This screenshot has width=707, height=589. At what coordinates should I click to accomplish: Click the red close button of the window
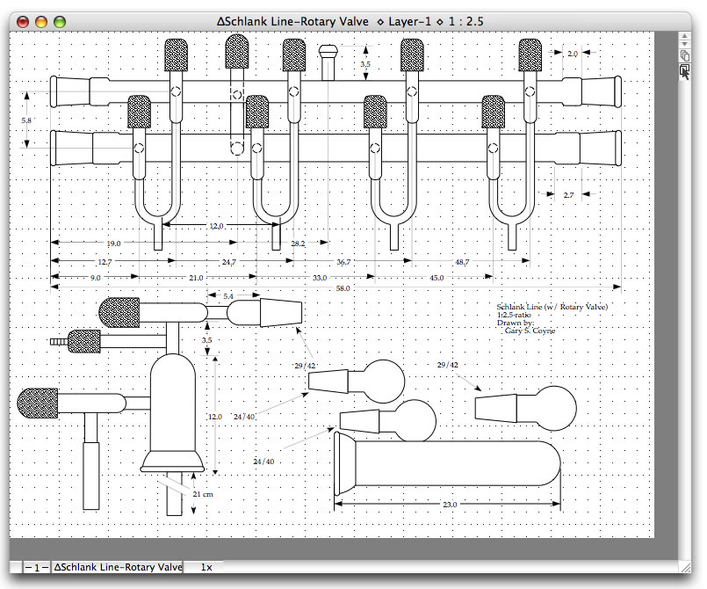24,20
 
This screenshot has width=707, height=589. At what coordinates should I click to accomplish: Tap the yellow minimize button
41,20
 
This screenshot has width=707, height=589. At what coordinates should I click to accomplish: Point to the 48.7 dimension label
464,262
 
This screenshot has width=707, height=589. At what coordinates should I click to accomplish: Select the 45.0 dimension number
436,278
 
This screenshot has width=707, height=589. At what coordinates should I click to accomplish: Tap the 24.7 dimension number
228,262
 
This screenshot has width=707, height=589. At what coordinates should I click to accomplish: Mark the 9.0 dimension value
95,278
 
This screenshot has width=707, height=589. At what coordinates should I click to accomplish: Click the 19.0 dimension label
112,243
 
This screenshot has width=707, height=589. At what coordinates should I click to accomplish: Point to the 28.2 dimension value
299,243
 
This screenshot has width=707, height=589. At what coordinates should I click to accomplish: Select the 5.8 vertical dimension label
27,120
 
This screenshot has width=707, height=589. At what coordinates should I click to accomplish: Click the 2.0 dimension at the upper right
573,55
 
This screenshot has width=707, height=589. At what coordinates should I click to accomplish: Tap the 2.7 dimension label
569,194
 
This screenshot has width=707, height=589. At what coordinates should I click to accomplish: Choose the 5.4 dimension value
228,296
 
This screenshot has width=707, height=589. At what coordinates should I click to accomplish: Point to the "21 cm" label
203,495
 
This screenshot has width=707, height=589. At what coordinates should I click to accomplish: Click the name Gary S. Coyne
530,331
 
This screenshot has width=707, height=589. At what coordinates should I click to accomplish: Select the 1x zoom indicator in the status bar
206,568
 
